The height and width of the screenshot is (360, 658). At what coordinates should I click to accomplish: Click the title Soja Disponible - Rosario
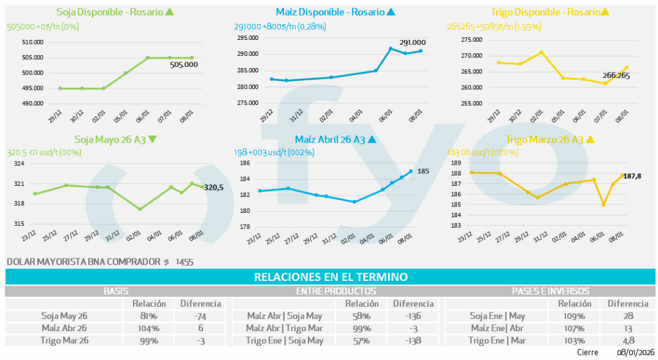click(x=110, y=12)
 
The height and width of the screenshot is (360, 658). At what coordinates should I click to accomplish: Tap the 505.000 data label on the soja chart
click(x=184, y=64)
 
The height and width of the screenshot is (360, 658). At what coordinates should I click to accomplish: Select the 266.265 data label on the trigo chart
click(x=616, y=75)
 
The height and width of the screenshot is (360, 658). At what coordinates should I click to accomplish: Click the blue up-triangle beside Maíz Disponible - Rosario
click(x=391, y=12)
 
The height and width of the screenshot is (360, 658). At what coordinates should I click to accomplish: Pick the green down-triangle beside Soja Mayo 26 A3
click(x=152, y=139)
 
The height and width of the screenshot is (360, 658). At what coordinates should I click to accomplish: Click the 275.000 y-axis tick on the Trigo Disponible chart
click(x=472, y=40)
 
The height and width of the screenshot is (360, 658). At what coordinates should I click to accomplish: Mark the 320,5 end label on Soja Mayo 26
click(x=214, y=188)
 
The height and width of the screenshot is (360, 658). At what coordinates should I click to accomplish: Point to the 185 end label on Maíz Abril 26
click(x=423, y=172)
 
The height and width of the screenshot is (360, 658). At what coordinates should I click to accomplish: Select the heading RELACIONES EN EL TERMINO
click(x=331, y=277)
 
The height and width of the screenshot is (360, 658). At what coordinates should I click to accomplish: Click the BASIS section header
click(x=116, y=291)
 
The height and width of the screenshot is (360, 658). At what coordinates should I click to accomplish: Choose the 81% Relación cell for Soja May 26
click(x=148, y=316)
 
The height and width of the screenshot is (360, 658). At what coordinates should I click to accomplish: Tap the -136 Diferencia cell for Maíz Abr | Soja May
click(x=413, y=316)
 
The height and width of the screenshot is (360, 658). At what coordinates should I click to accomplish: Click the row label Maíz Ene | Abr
click(x=497, y=328)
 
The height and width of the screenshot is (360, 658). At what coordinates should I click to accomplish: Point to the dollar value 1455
click(x=184, y=262)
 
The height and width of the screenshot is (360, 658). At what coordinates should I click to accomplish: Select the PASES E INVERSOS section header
click(x=550, y=291)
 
